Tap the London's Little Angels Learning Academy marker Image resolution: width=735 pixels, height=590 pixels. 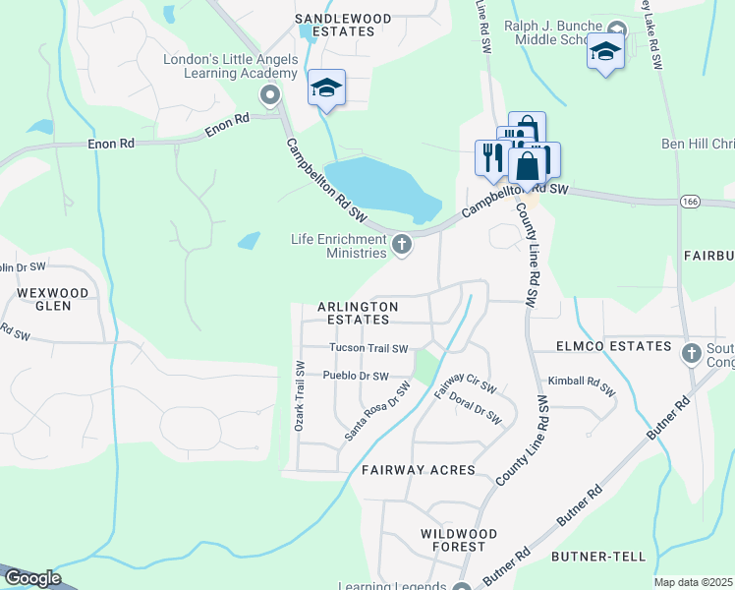[x=269, y=95]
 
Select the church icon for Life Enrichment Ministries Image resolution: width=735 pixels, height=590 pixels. [x=401, y=244]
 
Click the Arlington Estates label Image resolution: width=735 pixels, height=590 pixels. [x=358, y=313]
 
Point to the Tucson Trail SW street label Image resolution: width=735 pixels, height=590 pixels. [x=368, y=348]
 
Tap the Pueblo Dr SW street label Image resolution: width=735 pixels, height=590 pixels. [x=356, y=376]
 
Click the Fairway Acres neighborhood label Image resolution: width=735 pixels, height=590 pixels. [x=418, y=470]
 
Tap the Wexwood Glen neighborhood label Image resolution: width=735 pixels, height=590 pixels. [x=53, y=300]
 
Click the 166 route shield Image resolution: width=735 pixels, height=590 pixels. [x=689, y=201]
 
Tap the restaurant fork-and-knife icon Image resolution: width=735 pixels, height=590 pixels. [x=491, y=157]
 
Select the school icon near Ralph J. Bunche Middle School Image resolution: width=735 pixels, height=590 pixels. [x=605, y=50]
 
